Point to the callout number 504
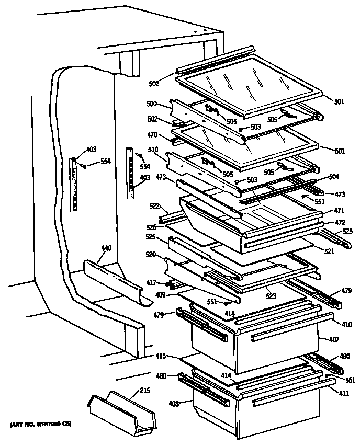click(334, 177)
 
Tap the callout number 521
click(329, 252)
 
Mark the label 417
click(151, 283)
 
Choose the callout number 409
click(161, 295)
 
